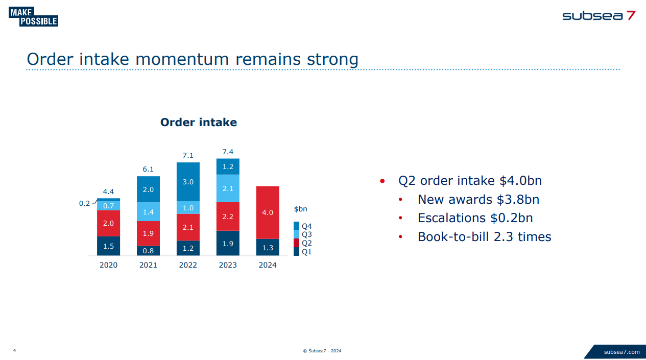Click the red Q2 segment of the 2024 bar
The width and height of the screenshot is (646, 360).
click(268, 212)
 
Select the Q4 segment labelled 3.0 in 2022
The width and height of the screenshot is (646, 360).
click(188, 182)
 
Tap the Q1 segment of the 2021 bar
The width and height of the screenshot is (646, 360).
click(148, 251)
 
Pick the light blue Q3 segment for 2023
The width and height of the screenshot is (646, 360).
click(228, 188)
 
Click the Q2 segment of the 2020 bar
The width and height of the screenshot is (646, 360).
click(108, 223)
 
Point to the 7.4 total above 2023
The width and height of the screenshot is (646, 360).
click(228, 152)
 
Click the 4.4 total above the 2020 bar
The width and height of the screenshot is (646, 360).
click(108, 191)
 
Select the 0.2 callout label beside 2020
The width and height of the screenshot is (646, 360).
click(84, 203)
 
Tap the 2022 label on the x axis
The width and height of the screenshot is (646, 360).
click(188, 265)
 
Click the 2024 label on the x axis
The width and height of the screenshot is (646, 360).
click(268, 265)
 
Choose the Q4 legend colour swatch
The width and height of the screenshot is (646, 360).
click(296, 226)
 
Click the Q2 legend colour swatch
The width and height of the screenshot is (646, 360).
click(296, 243)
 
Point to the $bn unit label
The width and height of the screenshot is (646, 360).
click(301, 209)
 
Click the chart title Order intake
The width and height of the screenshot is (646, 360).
click(198, 123)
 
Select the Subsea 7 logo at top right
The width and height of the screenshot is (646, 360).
click(599, 15)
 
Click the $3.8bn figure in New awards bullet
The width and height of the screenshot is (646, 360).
click(518, 199)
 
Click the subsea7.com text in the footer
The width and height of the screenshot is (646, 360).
click(621, 352)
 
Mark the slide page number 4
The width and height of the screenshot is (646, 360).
click(14, 350)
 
